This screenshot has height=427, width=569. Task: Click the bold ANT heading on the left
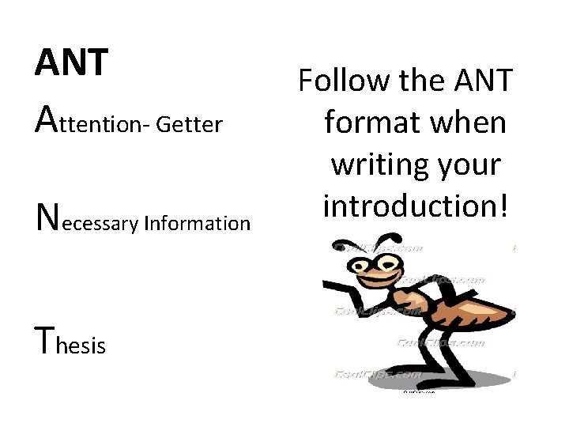click(x=71, y=63)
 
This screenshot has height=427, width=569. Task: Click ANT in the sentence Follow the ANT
click(x=484, y=81)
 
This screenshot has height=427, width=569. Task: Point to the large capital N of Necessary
click(x=47, y=213)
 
